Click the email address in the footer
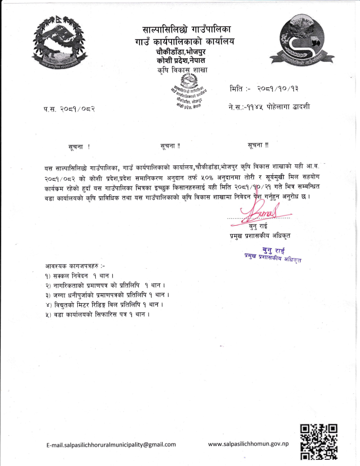(x=111, y=444)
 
